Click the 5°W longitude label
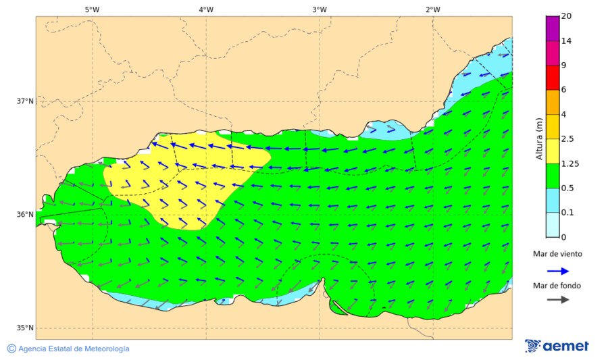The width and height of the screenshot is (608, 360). pos(92,9)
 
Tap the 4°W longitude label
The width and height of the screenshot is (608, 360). pos(206,9)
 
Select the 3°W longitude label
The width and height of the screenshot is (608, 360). pos(320,9)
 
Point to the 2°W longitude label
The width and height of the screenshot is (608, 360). pos(433,9)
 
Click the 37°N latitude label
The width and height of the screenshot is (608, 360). pos(25,101)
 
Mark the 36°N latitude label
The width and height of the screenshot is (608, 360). pos(25,215)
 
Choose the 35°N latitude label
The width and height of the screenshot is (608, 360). pos(25,328)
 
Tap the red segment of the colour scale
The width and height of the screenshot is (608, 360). pos(553,77)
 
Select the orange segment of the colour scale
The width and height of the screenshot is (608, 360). pos(553,102)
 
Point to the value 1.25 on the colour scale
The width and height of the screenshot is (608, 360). pos(571,163)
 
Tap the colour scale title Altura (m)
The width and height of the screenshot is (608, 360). pos(539,138)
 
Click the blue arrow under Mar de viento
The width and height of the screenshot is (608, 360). pos(557,270)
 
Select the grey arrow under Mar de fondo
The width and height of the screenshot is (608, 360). pos(557,300)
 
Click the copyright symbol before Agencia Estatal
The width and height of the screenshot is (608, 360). pos(11,349)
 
